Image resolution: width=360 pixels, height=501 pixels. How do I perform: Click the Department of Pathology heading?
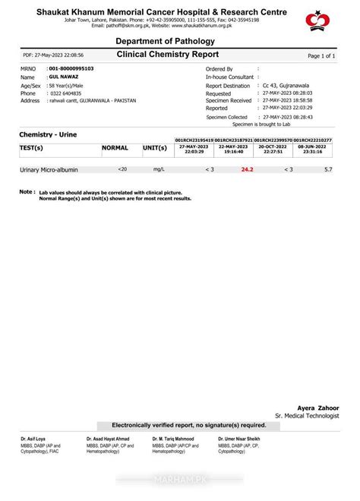(165, 41)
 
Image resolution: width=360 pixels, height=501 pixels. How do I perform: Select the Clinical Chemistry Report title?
(168, 55)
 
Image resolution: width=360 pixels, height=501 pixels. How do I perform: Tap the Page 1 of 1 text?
(321, 56)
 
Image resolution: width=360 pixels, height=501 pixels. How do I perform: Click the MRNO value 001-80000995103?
(71, 69)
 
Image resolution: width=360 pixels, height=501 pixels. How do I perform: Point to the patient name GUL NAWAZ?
(65, 77)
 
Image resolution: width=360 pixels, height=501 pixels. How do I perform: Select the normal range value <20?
(123, 169)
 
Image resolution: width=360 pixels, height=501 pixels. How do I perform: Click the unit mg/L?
(159, 169)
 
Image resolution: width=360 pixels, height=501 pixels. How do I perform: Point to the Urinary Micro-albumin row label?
(49, 170)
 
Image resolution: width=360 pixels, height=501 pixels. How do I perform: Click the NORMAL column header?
(115, 147)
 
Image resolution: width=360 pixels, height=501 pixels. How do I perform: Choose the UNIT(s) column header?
(155, 147)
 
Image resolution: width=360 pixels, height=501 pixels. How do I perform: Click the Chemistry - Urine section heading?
(48, 134)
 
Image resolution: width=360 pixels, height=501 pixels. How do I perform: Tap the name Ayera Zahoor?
(318, 408)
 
